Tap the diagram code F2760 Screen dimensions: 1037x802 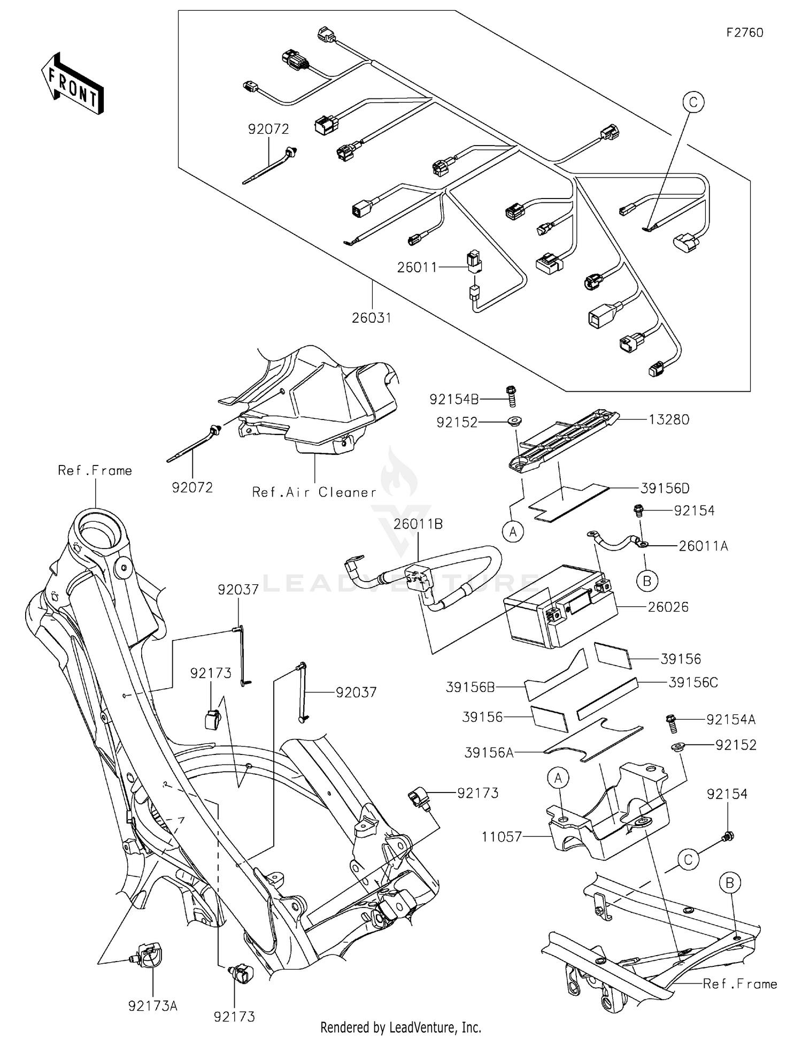tap(744, 33)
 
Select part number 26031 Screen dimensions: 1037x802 tap(372, 318)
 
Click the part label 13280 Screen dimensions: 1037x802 tap(669, 420)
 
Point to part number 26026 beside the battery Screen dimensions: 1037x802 tap(668, 607)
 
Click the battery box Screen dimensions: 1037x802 tap(556, 613)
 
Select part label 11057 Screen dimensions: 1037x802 tap(502, 836)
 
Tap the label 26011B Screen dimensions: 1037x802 tap(418, 524)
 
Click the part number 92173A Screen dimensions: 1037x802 tap(152, 1006)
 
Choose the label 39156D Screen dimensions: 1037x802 tap(665, 488)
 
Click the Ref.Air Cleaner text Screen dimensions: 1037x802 tap(314, 492)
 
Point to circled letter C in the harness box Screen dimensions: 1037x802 tap(693, 102)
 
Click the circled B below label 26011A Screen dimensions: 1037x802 tap(647, 581)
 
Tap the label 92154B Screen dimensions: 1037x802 tap(454, 399)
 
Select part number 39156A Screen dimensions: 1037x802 tap(489, 753)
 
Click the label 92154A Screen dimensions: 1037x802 tap(730, 720)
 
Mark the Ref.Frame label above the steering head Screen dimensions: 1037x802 tap(95, 470)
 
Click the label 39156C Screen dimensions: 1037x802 tap(693, 682)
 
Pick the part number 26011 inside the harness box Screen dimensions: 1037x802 tap(417, 267)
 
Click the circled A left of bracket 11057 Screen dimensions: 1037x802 tap(558, 779)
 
